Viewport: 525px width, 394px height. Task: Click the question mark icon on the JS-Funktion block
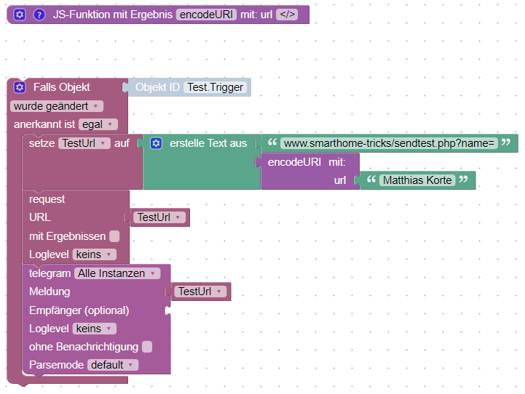(x=39, y=15)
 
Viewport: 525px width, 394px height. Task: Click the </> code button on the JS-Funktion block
(x=287, y=15)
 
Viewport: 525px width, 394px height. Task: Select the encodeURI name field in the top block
(x=206, y=15)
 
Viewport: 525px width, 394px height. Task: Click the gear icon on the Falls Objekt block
(x=20, y=87)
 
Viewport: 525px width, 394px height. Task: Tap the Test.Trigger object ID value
(x=216, y=87)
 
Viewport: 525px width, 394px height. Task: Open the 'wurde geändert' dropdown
(x=56, y=106)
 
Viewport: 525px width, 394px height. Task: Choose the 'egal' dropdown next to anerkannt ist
(x=95, y=125)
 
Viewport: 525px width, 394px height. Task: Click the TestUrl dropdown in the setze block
(x=84, y=143)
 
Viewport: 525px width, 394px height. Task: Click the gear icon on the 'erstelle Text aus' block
(x=156, y=143)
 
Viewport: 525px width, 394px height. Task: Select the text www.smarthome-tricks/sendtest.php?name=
(x=389, y=143)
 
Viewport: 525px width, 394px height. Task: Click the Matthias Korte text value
(x=417, y=180)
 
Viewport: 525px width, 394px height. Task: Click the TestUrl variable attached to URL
(x=159, y=217)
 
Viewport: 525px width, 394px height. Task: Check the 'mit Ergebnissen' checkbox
(x=114, y=236)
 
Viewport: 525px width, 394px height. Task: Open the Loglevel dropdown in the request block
(x=94, y=254)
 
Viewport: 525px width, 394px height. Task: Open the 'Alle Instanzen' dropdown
(x=117, y=273)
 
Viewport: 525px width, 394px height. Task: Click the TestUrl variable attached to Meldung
(x=200, y=292)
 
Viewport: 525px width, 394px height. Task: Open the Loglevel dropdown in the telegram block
(x=94, y=329)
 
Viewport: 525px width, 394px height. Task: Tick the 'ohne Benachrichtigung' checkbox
(x=147, y=347)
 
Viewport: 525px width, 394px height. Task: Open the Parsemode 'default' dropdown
(x=112, y=365)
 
